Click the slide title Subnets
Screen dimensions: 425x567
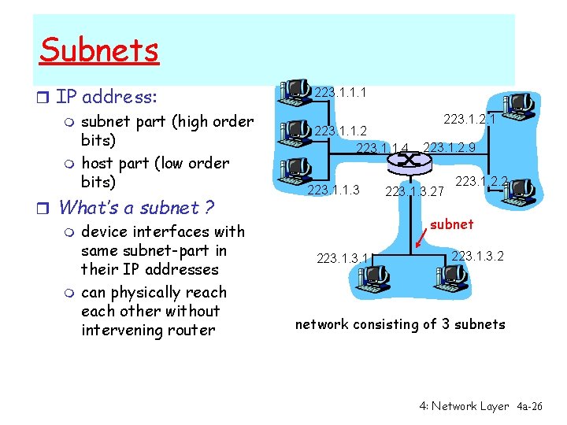pos(99,50)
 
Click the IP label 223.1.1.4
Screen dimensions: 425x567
pos(383,148)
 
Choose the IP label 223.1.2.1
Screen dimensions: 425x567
pos(469,119)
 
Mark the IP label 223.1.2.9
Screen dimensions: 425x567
pos(449,147)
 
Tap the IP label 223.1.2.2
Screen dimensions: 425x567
pos(481,182)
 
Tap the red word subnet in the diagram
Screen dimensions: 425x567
pos(452,224)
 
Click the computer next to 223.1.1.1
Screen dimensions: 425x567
pos(295,90)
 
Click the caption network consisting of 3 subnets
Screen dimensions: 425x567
pos(400,324)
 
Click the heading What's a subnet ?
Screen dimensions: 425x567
pos(136,208)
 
